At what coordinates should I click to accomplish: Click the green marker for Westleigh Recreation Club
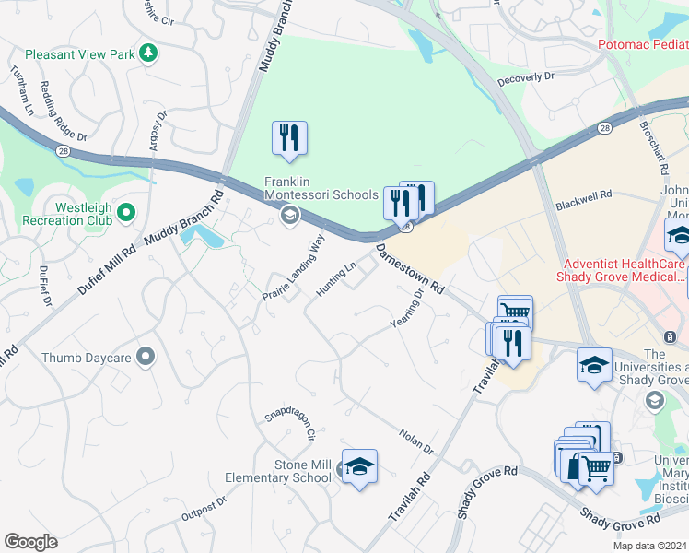126,214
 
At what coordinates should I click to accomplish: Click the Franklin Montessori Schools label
321,188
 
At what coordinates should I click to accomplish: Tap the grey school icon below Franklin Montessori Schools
289,217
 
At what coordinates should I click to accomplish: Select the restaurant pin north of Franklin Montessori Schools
289,138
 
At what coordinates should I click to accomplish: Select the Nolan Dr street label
415,441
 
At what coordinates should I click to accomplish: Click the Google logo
30,542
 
